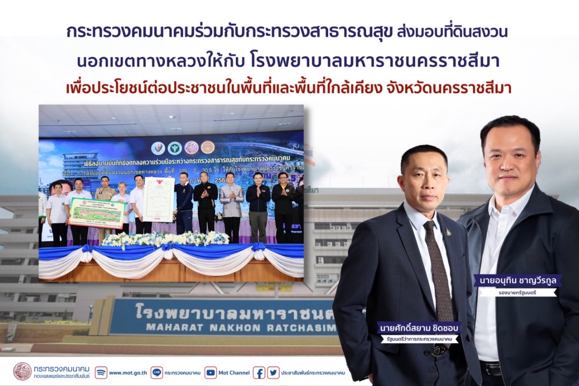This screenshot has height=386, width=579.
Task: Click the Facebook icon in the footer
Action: [259, 373]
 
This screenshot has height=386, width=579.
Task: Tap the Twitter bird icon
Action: [273, 373]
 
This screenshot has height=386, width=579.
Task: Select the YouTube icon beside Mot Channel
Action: [211, 373]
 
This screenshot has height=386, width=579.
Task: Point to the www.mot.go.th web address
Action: [122, 373]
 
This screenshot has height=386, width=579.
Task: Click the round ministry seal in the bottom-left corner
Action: [22, 371]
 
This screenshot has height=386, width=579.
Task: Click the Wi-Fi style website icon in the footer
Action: [101, 373]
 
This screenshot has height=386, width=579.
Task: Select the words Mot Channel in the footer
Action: [235, 373]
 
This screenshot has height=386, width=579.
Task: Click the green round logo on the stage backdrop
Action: [174, 148]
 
